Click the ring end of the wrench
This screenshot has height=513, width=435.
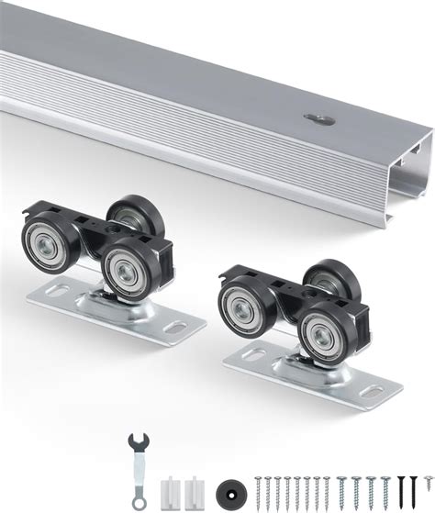point(138,500)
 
